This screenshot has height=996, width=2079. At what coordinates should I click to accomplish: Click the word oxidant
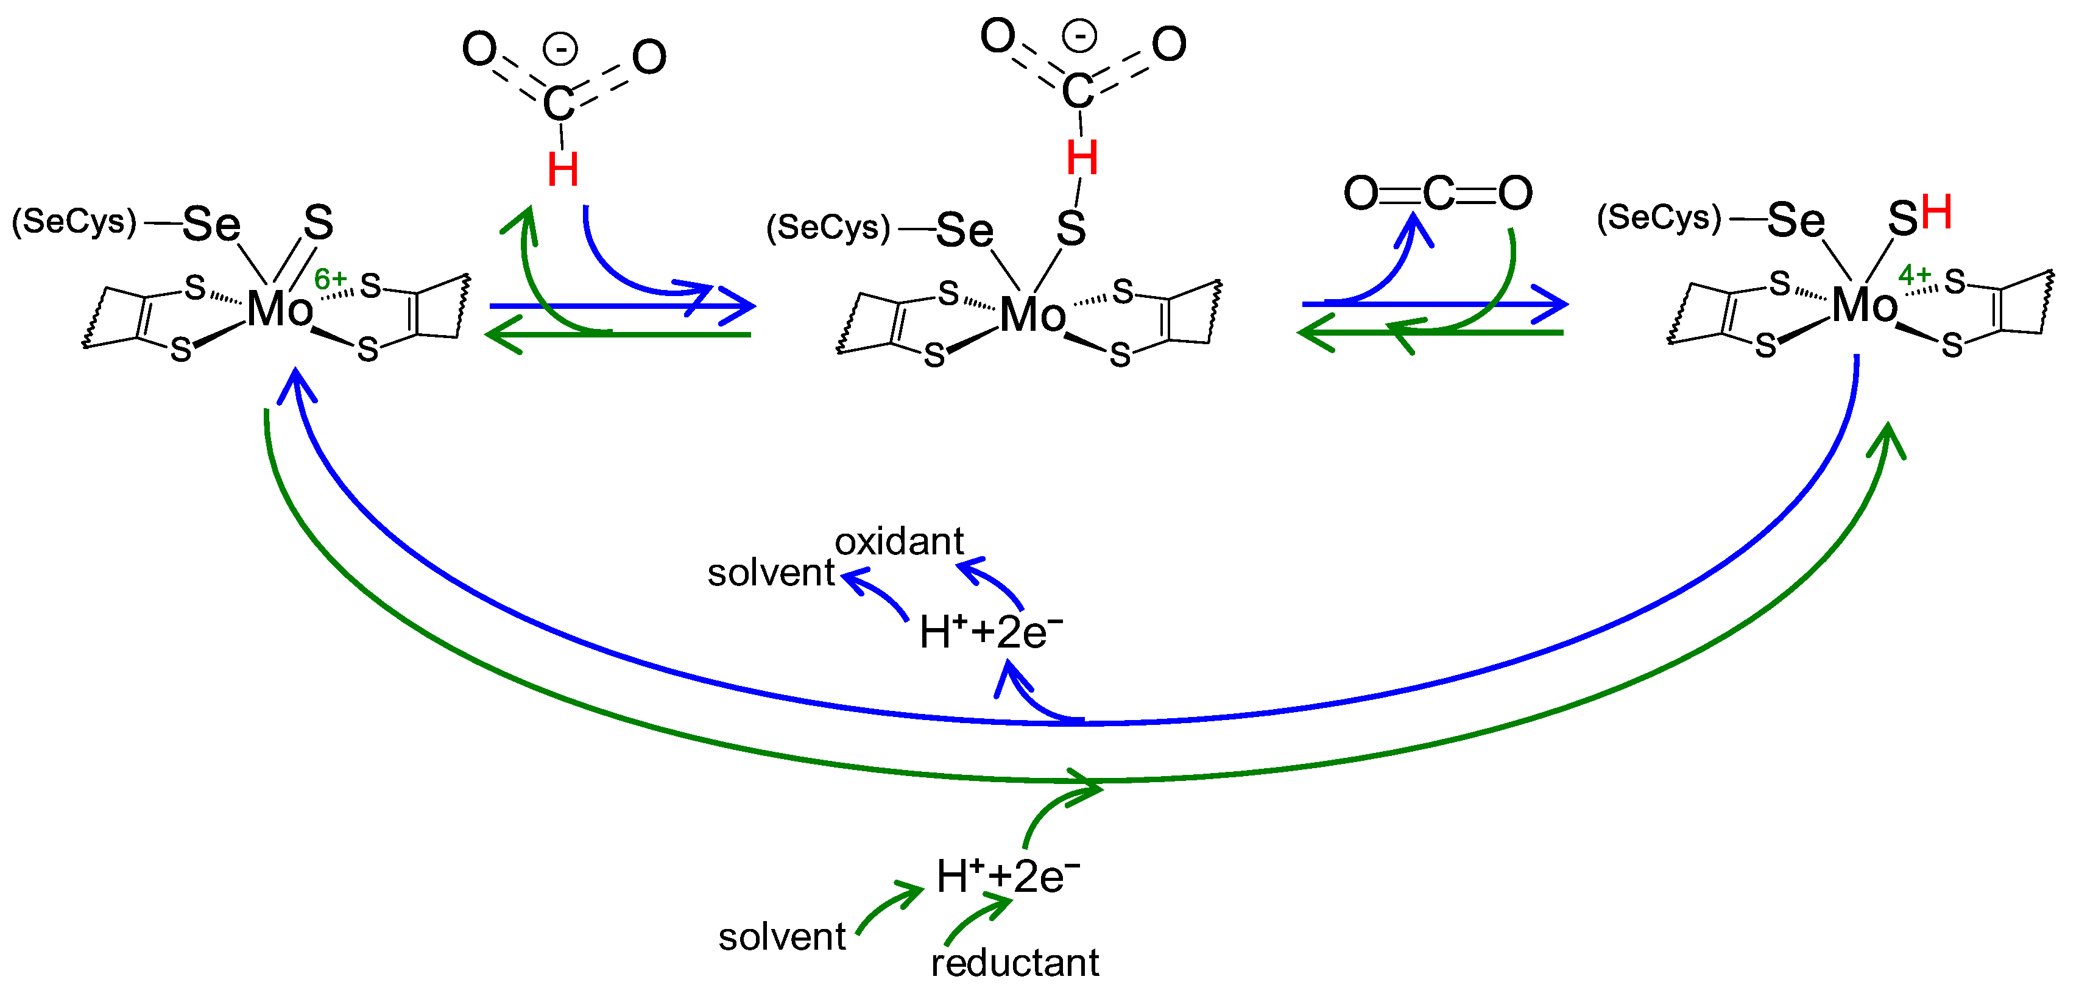coord(898,542)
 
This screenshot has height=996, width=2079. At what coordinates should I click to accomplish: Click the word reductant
coord(1014,963)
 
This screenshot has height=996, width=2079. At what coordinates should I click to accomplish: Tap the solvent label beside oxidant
coord(770,573)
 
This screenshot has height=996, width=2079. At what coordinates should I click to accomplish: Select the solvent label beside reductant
coord(782,937)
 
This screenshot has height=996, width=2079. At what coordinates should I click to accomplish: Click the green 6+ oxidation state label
coord(330,279)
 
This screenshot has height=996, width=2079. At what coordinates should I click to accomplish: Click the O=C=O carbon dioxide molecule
coord(1438,194)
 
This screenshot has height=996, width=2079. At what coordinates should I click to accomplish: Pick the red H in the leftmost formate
coord(562,171)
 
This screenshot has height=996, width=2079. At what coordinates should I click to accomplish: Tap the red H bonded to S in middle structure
coord(1081,158)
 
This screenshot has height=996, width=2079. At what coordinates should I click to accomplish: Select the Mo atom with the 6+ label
coord(279,309)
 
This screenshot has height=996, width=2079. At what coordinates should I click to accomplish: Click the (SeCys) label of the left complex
coord(74,222)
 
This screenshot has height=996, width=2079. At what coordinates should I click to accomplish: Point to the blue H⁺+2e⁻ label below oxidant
coord(990,632)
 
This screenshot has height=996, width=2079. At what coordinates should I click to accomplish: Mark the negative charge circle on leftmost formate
coord(560,48)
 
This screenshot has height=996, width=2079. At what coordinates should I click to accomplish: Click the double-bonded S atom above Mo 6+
coord(318,223)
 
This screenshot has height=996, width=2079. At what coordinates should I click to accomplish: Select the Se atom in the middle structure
coord(964,231)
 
